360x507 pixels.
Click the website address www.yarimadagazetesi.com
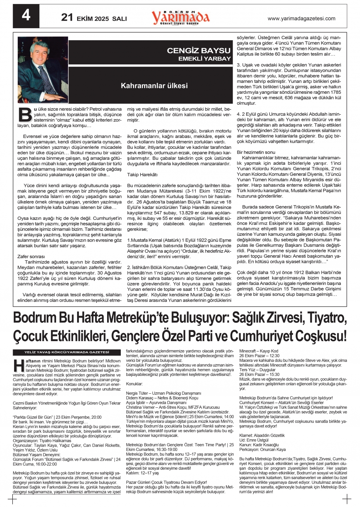point(301,18)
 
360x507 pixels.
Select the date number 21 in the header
point(67,17)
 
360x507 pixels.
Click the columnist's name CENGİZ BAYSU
point(198,51)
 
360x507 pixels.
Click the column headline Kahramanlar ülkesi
point(154,86)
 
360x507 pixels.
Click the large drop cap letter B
point(25,115)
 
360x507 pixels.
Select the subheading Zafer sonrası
point(31,256)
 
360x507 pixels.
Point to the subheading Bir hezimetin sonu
point(256,152)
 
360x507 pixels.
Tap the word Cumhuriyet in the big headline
point(262,336)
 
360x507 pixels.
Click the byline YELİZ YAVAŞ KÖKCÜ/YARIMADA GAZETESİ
point(66,352)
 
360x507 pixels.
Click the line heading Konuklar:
point(134,384)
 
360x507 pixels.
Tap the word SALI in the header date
point(119,18)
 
